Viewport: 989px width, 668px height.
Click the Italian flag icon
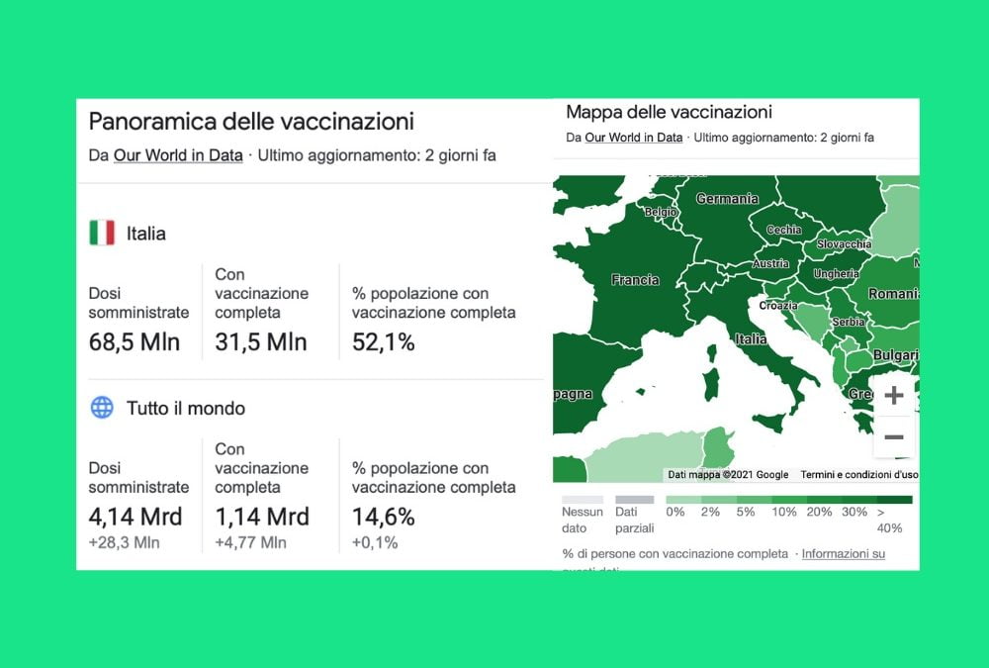(x=102, y=234)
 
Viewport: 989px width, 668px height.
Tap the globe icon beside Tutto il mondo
(x=102, y=408)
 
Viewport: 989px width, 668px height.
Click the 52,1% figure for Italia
(x=383, y=342)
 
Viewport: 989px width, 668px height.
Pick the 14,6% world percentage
(x=383, y=517)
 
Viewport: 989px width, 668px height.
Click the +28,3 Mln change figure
(x=124, y=542)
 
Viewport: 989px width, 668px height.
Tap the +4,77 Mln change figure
(x=250, y=542)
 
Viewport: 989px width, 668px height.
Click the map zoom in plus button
(x=893, y=396)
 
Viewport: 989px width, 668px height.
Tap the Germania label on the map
(x=727, y=199)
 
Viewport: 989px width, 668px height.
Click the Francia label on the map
(x=635, y=280)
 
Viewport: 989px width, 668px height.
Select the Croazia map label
(x=778, y=306)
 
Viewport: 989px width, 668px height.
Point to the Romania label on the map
(x=894, y=294)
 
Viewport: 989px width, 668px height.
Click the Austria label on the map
(x=771, y=264)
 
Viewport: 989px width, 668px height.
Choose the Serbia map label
(x=849, y=323)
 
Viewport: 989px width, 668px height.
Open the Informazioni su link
(x=843, y=554)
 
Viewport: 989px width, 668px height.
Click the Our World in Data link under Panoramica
(x=178, y=155)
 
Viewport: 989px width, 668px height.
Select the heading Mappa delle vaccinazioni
(x=669, y=113)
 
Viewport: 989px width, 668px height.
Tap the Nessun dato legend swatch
(x=582, y=500)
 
